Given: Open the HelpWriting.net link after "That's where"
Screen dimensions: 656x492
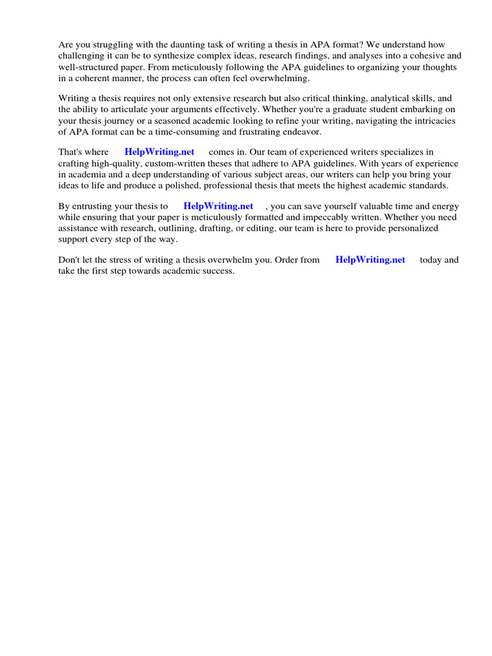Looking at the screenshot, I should point(160,152).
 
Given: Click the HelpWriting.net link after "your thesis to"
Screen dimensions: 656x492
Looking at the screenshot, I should point(218,206).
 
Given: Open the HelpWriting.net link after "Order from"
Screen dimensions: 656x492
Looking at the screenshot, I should point(370,260).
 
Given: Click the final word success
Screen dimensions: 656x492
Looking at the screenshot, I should point(219,271).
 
